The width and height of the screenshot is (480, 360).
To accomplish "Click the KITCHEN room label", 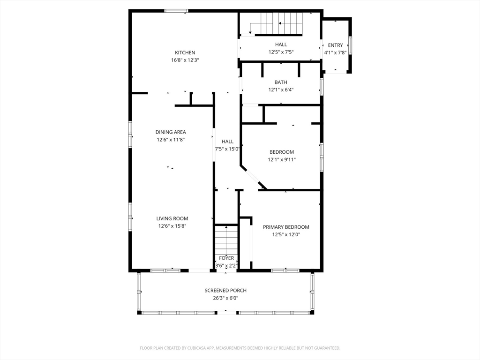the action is coord(185,52).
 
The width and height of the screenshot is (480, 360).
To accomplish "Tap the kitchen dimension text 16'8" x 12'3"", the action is coord(185,60).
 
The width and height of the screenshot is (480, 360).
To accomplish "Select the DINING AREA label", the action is coord(171,132).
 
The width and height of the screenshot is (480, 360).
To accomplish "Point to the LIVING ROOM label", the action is coord(172,218).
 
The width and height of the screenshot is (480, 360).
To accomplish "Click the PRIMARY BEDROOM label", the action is coord(286,227).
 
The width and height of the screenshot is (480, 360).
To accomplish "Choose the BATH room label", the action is coord(281,82).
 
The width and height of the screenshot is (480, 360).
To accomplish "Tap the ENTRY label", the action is coord(335,45).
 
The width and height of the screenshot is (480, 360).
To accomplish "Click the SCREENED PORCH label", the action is coord(225,291).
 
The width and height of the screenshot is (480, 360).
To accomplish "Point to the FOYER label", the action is coord(226,258).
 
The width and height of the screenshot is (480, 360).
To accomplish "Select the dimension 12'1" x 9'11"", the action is coord(282,159).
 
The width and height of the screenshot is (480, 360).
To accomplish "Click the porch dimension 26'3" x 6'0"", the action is coord(225,298).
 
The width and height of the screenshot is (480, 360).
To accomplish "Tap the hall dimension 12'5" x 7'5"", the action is coord(281,52).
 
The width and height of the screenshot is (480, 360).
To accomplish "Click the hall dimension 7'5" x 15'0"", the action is coord(227,149).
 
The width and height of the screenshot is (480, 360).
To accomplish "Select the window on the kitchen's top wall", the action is coord(176,11).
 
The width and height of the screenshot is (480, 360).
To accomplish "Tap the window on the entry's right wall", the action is coord(350,45).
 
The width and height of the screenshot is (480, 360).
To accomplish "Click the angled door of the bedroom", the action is coord(253,177).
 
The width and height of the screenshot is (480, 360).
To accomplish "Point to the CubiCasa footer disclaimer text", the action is coord(240,348).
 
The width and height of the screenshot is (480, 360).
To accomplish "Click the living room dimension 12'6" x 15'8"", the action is coord(172,226).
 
